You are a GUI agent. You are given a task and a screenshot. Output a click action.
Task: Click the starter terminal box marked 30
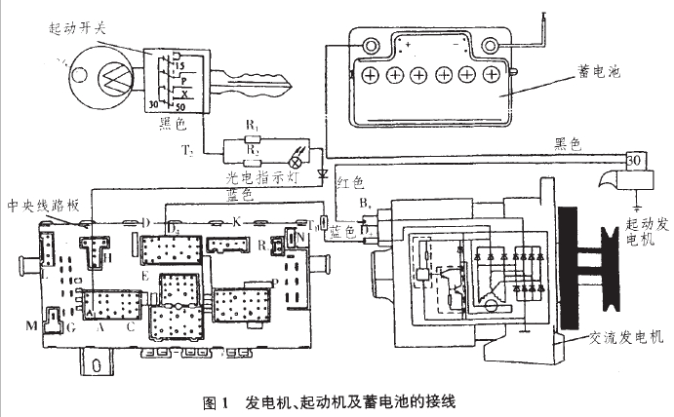tap(633, 162)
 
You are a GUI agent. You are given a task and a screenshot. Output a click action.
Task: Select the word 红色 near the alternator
tap(348, 181)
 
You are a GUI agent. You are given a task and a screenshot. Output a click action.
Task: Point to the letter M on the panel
tap(30, 323)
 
